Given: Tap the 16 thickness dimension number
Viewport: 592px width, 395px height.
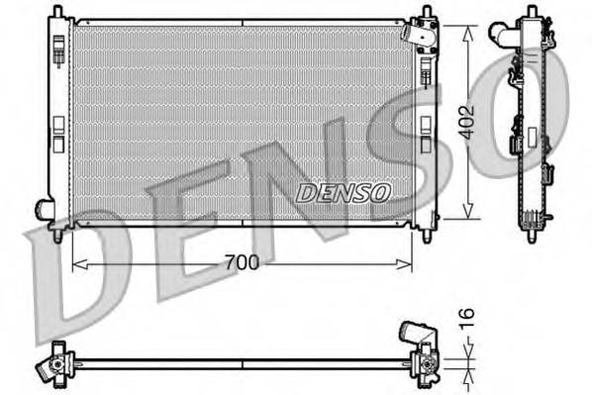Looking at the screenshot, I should click(x=468, y=319).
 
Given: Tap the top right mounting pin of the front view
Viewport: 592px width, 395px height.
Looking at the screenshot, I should click(x=426, y=13).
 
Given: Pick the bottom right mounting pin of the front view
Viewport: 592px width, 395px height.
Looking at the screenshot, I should click(x=427, y=236).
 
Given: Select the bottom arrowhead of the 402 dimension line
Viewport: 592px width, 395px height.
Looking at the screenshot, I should click(x=467, y=217).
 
